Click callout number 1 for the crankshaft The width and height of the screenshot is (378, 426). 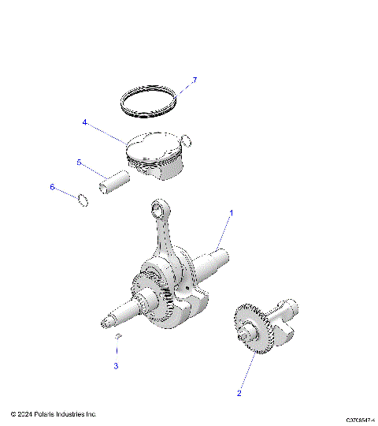(x=232, y=213)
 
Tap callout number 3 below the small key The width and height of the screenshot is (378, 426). (x=116, y=365)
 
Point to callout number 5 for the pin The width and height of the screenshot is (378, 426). (x=79, y=162)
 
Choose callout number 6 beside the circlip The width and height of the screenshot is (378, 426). (x=53, y=187)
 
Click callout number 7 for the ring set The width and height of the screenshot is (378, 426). (x=194, y=80)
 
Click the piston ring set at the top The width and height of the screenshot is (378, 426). (x=149, y=100)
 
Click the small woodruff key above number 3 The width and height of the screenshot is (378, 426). (x=117, y=338)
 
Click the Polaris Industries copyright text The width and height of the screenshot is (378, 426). (x=54, y=413)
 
